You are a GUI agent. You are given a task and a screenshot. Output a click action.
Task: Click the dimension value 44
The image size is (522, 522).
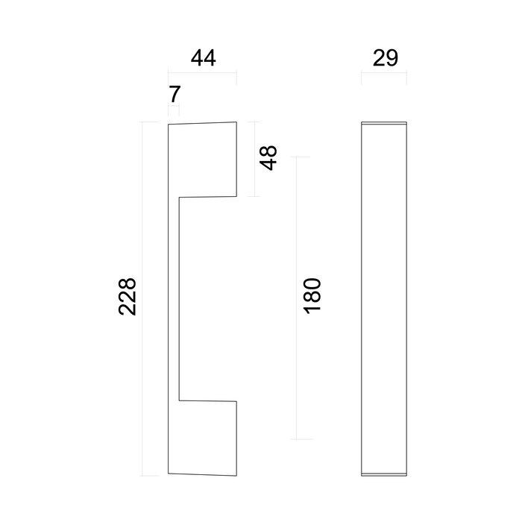tap(202, 59)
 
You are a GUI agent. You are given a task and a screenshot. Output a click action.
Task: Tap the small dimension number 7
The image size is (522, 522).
tap(174, 95)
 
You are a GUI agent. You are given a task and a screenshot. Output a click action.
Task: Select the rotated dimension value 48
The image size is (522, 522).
tap(268, 157)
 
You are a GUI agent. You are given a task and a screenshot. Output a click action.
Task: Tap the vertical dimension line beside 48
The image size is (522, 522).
tap(256, 159)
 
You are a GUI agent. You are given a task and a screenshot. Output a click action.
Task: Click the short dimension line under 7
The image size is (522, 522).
tap(174, 110)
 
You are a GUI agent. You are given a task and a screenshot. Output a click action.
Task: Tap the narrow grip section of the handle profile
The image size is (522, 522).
tap(173, 298)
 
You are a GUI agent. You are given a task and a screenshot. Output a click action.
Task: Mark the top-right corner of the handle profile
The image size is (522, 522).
tap(237, 121)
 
